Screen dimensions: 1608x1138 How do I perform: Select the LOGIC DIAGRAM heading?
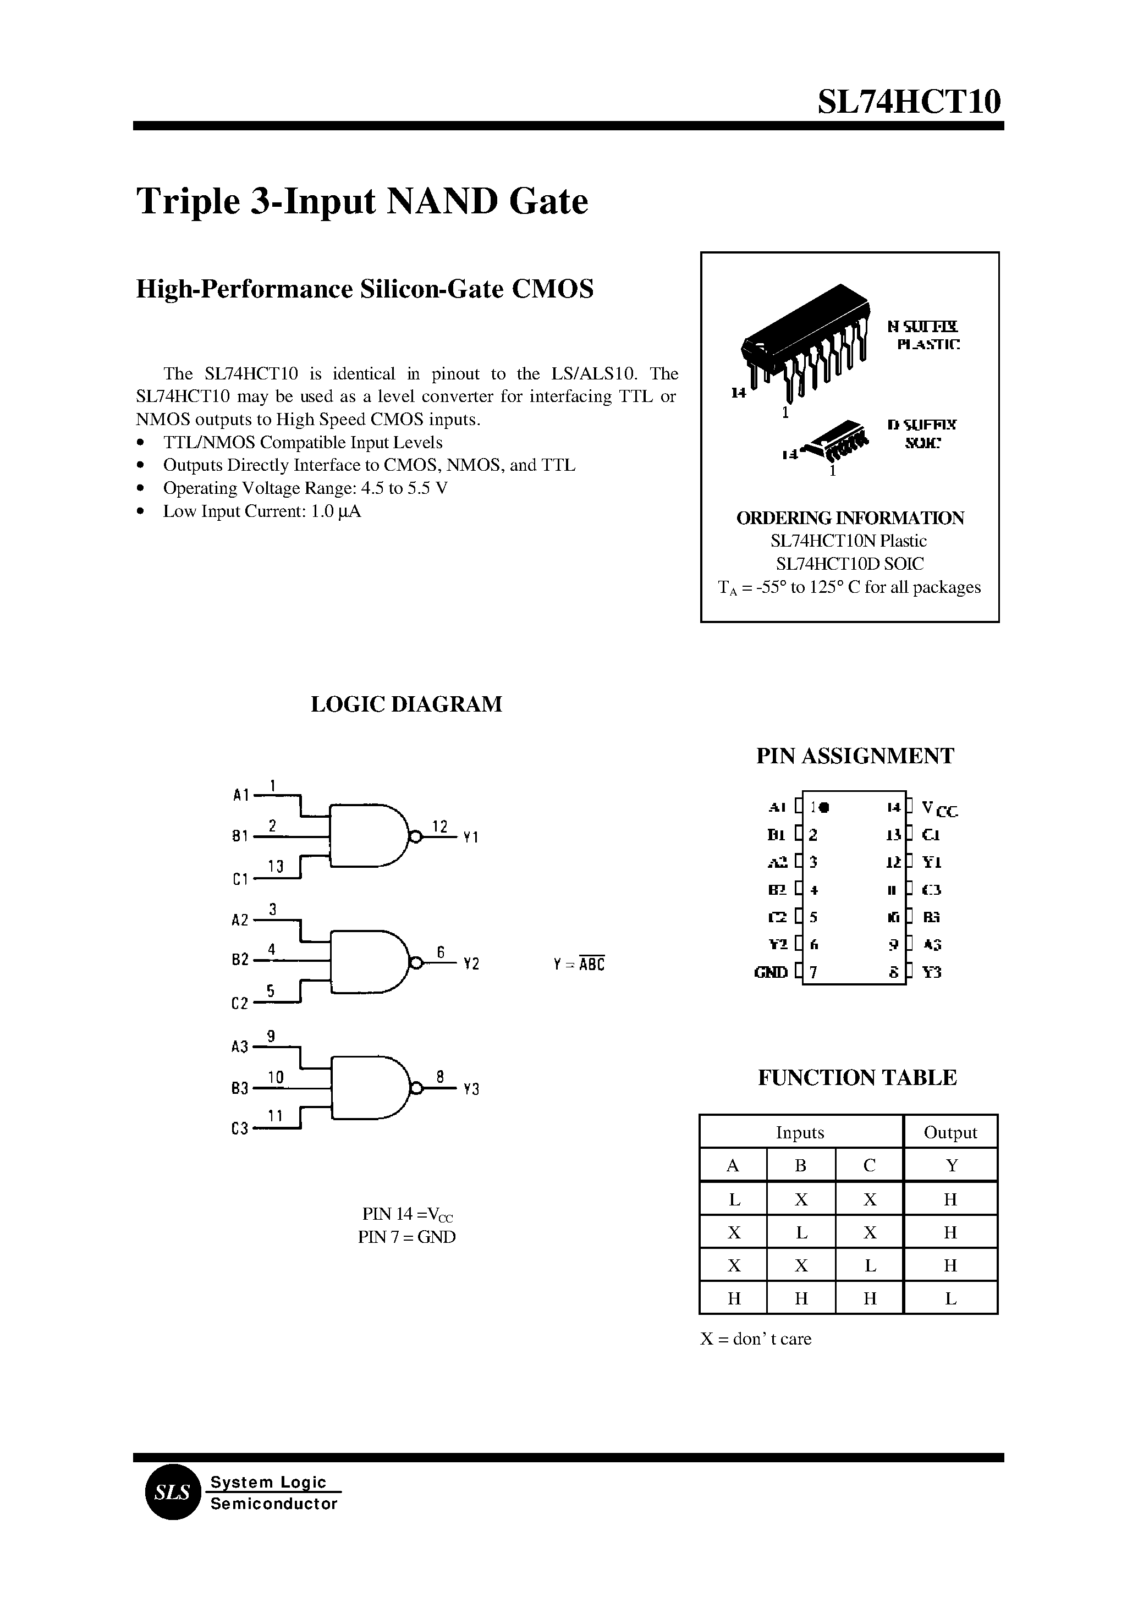406,704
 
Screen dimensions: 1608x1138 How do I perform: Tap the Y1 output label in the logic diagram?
471,838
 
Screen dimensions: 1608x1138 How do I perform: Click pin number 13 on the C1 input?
274,867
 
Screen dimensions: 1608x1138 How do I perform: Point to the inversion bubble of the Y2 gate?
415,963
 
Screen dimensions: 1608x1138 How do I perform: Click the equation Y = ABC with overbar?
578,964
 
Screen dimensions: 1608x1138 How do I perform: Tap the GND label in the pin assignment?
771,972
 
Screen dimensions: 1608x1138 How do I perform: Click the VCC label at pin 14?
939,809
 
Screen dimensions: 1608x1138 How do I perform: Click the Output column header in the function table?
950,1133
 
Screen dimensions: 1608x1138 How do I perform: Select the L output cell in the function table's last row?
950,1298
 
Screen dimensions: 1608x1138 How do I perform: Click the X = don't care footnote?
755,1339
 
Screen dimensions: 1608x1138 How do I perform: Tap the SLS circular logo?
172,1493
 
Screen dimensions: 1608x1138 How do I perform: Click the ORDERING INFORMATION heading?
850,518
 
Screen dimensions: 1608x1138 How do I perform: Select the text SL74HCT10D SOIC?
850,564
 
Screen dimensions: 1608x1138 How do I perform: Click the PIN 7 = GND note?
406,1237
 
